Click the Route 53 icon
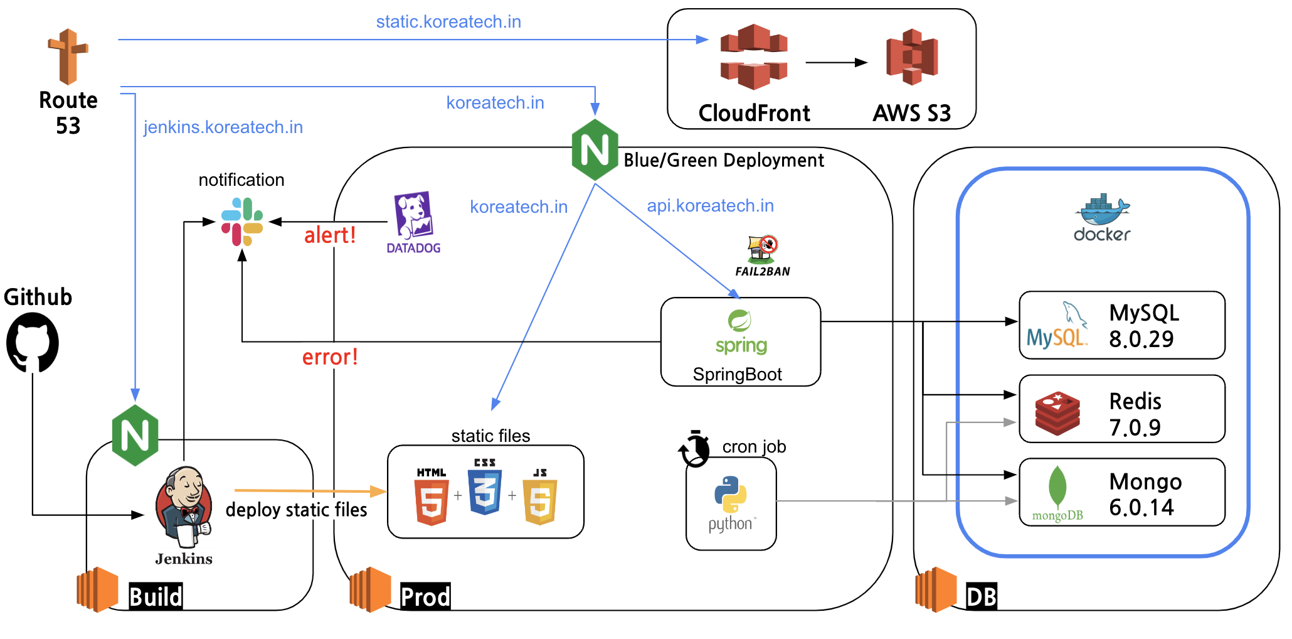pyautogui.click(x=68, y=56)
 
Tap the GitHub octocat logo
pyautogui.click(x=33, y=343)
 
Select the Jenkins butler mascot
pyautogui.click(x=184, y=506)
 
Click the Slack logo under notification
pyautogui.click(x=242, y=222)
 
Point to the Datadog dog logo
pyautogui.click(x=413, y=216)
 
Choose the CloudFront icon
pyautogui.click(x=754, y=57)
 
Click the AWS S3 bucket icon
pyautogui.click(x=912, y=57)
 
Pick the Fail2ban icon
pyautogui.click(x=763, y=250)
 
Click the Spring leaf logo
pyautogui.click(x=739, y=321)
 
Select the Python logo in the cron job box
pyautogui.click(x=731, y=495)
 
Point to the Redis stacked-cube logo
pyautogui.click(x=1057, y=413)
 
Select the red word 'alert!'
pyautogui.click(x=330, y=235)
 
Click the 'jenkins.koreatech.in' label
pyautogui.click(x=223, y=127)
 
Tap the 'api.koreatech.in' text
pyautogui.click(x=710, y=206)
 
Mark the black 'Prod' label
pyautogui.click(x=425, y=596)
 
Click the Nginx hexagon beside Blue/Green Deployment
pyautogui.click(x=595, y=150)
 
